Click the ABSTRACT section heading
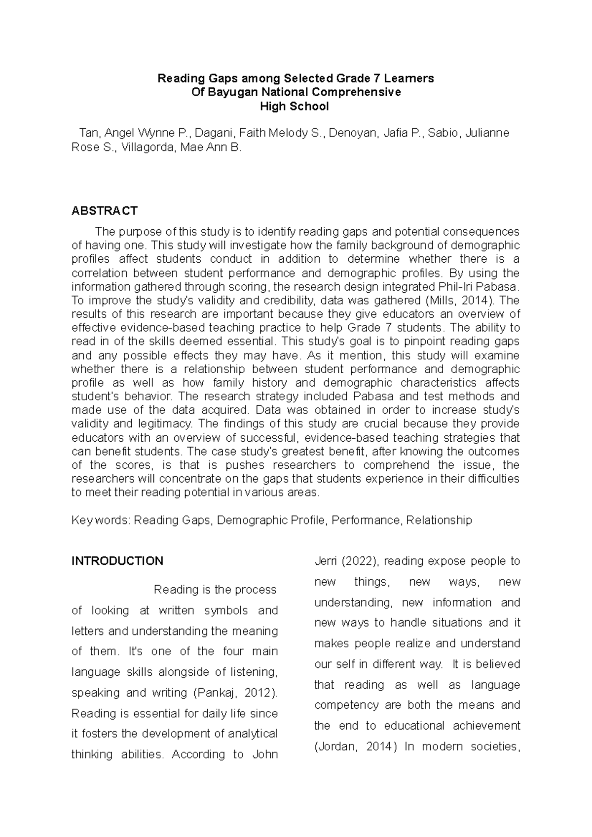pyautogui.click(x=104, y=211)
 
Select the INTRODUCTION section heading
pyautogui.click(x=117, y=561)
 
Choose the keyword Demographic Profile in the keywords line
pyautogui.click(x=271, y=520)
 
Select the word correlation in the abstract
pyautogui.click(x=99, y=273)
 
